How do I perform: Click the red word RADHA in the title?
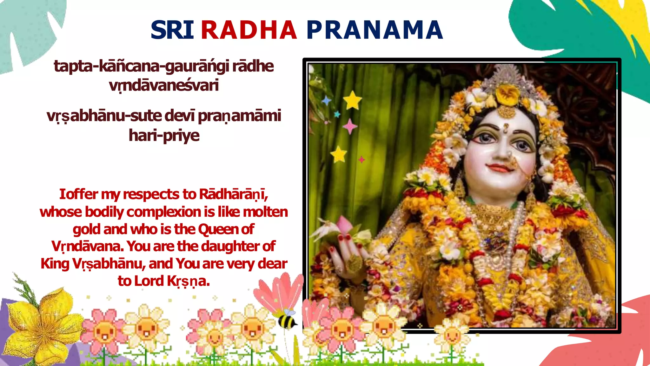point(249,30)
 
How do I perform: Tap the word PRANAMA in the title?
point(375,30)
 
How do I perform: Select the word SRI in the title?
point(172,30)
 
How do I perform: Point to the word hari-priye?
point(164,136)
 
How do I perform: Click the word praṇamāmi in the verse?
point(240,116)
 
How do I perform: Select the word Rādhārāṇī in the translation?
point(233,194)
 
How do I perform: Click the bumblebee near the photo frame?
point(287,320)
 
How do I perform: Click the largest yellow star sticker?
point(352,100)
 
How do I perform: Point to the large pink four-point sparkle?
point(350,126)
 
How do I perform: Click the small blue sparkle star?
point(326,101)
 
